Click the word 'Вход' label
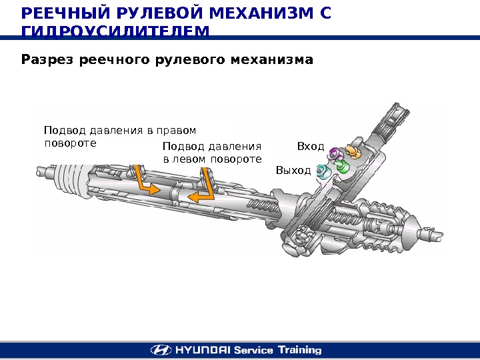pos(310,146)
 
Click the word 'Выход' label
pos(293,171)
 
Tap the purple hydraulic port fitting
pos(338,154)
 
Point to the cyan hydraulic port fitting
pos(322,172)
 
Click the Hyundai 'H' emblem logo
pos(160,349)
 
